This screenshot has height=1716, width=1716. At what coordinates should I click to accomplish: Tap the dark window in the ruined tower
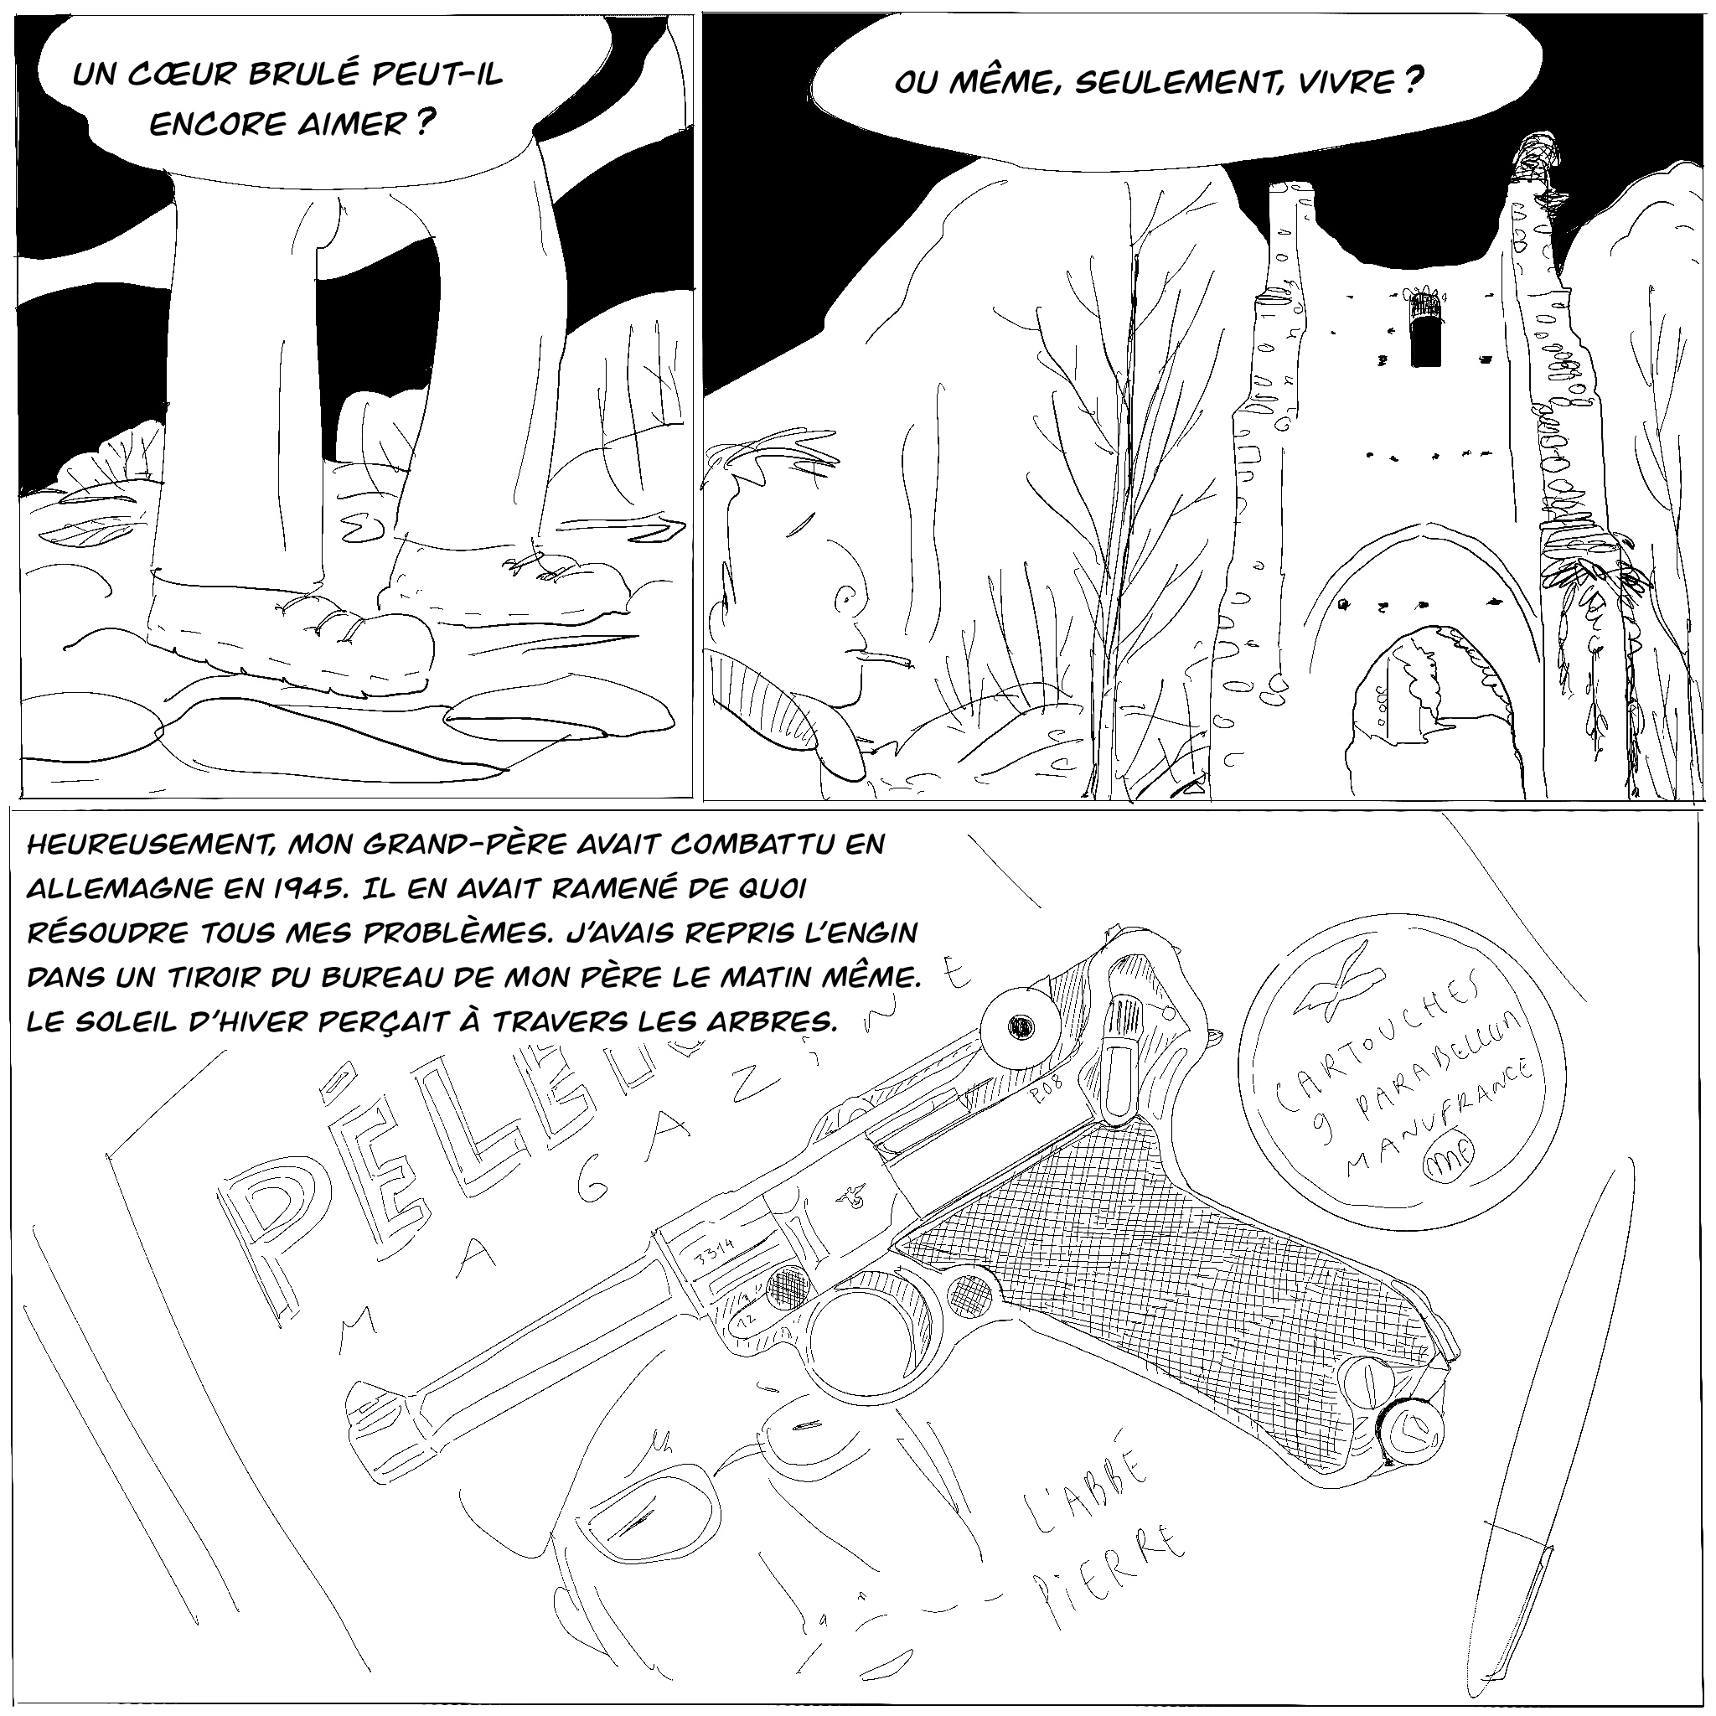click(x=1425, y=331)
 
